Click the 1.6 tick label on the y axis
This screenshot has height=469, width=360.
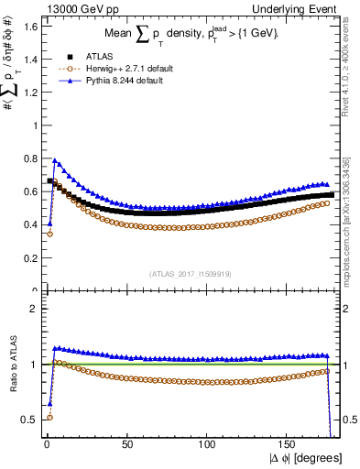pos(28,27)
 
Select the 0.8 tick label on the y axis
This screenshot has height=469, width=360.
pos(28,158)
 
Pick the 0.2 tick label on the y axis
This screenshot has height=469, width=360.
pos(28,258)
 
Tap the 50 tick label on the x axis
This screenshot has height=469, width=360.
pos(127,443)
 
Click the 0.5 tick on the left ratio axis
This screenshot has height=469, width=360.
pos(28,420)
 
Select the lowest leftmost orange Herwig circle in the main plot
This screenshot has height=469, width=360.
pos(49,234)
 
